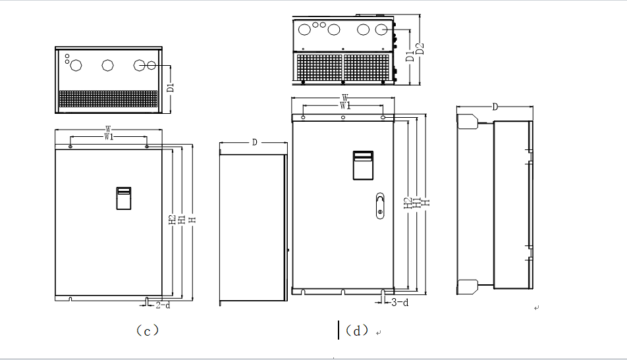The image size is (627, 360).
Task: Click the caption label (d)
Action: click(356, 330)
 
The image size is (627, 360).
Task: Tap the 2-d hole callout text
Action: click(163, 305)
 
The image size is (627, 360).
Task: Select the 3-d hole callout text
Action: click(399, 303)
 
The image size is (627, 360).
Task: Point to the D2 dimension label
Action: click(420, 49)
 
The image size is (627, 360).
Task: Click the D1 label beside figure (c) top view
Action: click(170, 86)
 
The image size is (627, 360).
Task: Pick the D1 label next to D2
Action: click(409, 55)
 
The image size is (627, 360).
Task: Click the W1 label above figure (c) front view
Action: click(109, 137)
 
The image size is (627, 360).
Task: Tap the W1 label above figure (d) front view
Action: click(344, 105)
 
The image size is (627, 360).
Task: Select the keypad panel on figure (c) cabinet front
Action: click(124, 198)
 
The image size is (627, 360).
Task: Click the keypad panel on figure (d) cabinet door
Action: click(364, 165)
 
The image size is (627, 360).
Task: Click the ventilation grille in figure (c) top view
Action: click(109, 99)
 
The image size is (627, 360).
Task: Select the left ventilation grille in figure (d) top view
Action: click(319, 66)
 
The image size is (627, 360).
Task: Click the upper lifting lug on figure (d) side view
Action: click(467, 121)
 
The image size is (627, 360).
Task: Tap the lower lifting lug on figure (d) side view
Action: click(467, 288)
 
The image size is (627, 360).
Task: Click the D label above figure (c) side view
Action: click(254, 142)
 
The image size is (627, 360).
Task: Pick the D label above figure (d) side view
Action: click(495, 107)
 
